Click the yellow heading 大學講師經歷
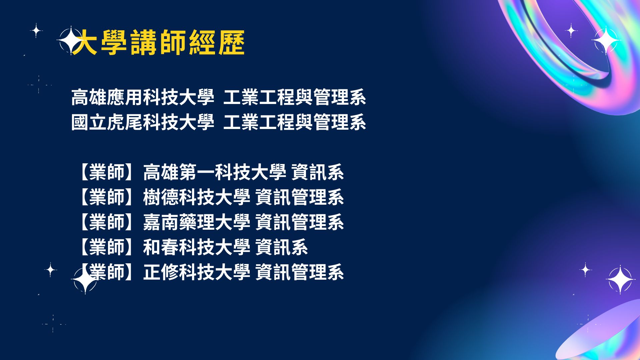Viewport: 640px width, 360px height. click(x=159, y=42)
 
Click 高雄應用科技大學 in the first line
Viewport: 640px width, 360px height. click(x=143, y=97)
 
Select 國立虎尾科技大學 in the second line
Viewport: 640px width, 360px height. click(x=143, y=122)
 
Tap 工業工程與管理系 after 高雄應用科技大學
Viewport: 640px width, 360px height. click(x=295, y=97)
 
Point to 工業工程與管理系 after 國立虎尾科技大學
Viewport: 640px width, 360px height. click(x=295, y=122)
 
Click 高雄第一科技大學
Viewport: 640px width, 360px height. click(x=215, y=172)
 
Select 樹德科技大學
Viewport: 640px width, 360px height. click(x=197, y=197)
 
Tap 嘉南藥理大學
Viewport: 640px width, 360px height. click(x=197, y=222)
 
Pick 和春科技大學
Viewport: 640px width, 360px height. click(x=197, y=247)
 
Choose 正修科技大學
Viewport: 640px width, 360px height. click(x=197, y=272)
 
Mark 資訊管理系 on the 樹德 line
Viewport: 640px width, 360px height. click(x=300, y=197)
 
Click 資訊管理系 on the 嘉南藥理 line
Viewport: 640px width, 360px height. click(x=300, y=222)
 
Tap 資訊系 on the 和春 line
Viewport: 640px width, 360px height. click(x=282, y=247)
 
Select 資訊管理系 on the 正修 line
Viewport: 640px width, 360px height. click(x=300, y=272)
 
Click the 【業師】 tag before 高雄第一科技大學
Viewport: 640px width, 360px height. click(x=107, y=172)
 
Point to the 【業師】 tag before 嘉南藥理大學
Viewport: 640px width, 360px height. click(x=107, y=222)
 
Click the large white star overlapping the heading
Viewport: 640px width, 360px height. click(x=70, y=40)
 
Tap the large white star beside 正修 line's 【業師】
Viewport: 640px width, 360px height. click(x=85, y=281)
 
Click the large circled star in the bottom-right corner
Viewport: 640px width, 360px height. click(x=620, y=280)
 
